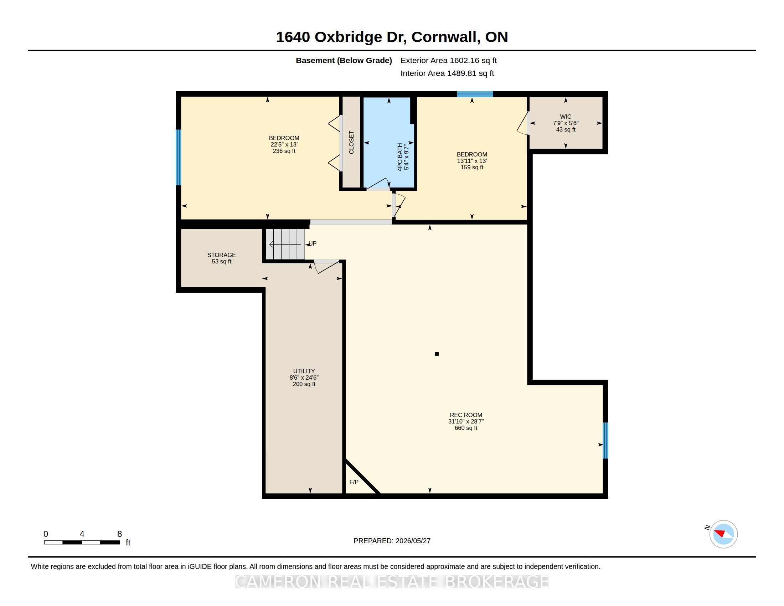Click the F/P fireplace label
[x=354, y=482]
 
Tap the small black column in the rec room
[x=437, y=354]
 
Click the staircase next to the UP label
[x=285, y=244]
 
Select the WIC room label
[x=566, y=117]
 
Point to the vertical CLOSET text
[x=351, y=143]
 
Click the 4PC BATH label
[x=400, y=157]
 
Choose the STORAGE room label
[x=222, y=255]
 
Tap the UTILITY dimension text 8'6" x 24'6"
[x=304, y=378]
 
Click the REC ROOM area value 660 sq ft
[x=466, y=428]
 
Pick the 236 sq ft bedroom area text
[x=284, y=151]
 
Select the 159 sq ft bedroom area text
[x=472, y=167]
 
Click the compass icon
[x=723, y=534]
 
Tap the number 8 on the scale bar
[x=119, y=534]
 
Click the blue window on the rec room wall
[x=605, y=441]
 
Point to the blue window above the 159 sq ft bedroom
[x=475, y=94]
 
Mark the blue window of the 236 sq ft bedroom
[x=179, y=157]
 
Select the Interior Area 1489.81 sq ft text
[x=447, y=73]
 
